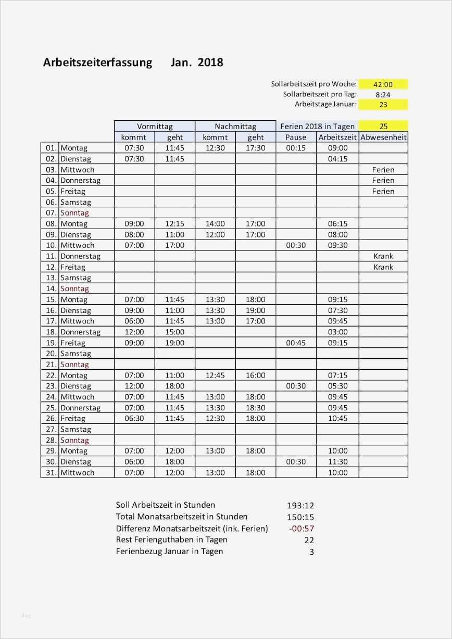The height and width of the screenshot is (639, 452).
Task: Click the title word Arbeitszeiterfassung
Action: coord(97,62)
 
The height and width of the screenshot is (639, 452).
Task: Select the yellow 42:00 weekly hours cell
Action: coord(383,84)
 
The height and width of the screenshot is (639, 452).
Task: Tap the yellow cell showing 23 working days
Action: coord(383,104)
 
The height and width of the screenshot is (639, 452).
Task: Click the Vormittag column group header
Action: coord(155,126)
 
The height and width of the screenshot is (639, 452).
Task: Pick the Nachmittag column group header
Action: coord(235,126)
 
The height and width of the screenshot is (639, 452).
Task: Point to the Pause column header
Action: coord(296,137)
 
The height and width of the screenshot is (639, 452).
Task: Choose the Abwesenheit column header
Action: coord(383,137)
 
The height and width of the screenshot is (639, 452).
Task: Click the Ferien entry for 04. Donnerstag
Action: coord(383,180)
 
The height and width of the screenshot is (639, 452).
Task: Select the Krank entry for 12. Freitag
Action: coord(383,267)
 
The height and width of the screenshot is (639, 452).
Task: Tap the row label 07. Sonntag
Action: coord(74,212)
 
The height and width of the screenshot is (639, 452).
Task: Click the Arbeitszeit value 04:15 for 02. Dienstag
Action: coord(337,159)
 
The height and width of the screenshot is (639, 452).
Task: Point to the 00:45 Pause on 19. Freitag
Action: coord(296,343)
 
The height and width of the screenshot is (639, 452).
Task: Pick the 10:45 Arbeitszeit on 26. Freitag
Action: coord(337,418)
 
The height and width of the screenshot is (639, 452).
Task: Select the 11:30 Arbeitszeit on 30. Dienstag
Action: coord(337,461)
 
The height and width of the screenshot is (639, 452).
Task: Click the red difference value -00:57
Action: coord(302,528)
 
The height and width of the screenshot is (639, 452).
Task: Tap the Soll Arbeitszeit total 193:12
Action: coord(300,505)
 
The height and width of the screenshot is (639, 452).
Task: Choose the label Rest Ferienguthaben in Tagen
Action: coord(171,540)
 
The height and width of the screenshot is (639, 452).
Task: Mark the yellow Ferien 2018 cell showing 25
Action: coord(383,126)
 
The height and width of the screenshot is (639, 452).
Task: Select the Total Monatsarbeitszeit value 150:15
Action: coord(300,517)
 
